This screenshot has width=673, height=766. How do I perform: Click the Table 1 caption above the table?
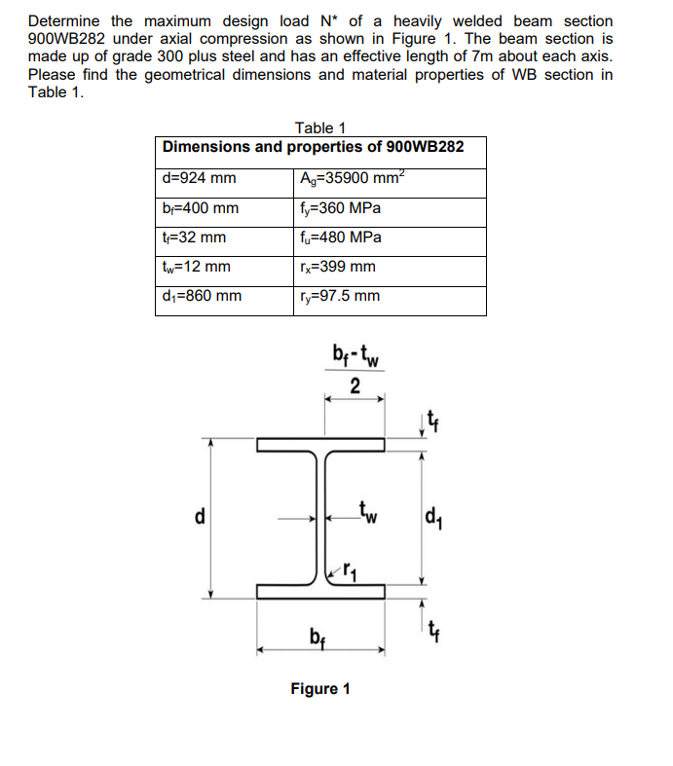(320, 128)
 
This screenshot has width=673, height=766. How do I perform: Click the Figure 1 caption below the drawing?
(320, 689)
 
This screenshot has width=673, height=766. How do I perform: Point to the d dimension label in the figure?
(202, 516)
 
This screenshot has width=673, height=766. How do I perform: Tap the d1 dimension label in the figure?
(434, 516)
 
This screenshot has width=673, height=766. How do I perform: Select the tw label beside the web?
(368, 509)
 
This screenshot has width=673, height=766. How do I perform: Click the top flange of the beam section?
(321, 445)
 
